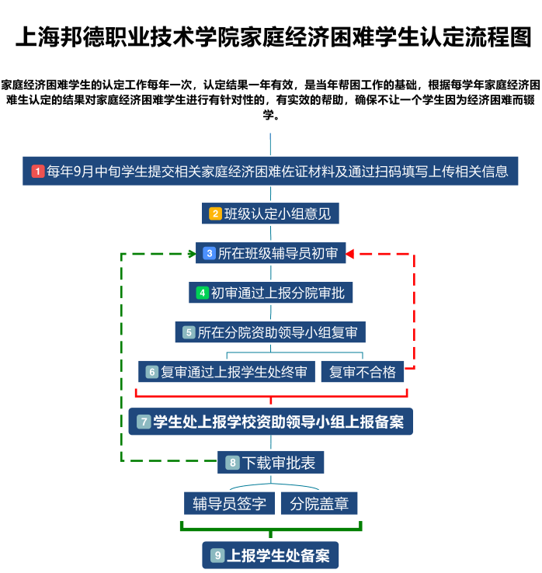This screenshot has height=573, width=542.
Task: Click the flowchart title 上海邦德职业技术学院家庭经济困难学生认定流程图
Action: [x=273, y=37]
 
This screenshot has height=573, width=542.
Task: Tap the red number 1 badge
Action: [x=37, y=172]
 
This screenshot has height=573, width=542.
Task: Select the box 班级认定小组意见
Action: [x=270, y=214]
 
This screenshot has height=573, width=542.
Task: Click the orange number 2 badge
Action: [x=215, y=214]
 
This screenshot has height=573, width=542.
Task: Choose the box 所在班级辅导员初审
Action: [x=271, y=253]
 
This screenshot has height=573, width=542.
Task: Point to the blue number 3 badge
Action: [x=210, y=253]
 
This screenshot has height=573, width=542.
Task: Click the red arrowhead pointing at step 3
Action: [x=349, y=254]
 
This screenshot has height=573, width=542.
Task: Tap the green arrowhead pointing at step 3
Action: [x=193, y=254]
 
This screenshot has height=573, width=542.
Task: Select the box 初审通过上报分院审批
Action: [x=270, y=293]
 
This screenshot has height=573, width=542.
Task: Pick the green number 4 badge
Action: [x=202, y=293]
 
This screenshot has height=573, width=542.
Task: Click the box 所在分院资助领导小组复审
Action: [x=270, y=332]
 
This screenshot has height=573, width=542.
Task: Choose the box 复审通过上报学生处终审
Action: [x=227, y=372]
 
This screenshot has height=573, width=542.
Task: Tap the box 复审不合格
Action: [x=363, y=372]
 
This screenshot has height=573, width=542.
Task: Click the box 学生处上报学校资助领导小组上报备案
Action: [x=271, y=422]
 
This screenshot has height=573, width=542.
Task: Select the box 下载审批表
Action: [x=270, y=463]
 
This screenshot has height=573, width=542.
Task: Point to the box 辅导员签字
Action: [x=230, y=504]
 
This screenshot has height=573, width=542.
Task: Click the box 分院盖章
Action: [x=319, y=504]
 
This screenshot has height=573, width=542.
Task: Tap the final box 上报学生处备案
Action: [x=270, y=555]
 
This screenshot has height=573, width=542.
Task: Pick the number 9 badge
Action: [x=217, y=555]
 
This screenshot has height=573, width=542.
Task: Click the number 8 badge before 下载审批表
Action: [x=232, y=463]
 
